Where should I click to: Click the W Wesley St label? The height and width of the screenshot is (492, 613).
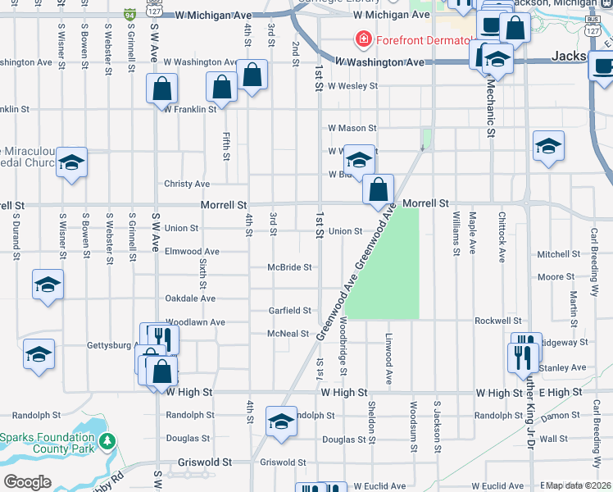pyautogui.click(x=352, y=85)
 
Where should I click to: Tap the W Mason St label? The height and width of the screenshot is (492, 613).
pyautogui.click(x=352, y=128)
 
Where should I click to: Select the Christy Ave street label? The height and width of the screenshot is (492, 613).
pyautogui.click(x=187, y=184)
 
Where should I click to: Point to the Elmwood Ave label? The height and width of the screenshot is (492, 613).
pyautogui.click(x=192, y=252)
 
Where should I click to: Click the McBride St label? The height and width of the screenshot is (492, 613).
pyautogui.click(x=290, y=267)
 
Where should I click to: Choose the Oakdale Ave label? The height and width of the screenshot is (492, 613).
pyautogui.click(x=190, y=299)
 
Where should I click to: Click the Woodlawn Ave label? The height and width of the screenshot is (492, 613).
pyautogui.click(x=195, y=323)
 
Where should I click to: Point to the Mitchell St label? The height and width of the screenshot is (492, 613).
pyautogui.click(x=559, y=254)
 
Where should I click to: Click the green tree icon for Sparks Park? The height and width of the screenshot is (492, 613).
pyautogui.click(x=107, y=442)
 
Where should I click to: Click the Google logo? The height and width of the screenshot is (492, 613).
pyautogui.click(x=27, y=482)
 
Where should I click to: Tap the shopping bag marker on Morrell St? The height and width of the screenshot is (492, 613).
pyautogui.click(x=378, y=189)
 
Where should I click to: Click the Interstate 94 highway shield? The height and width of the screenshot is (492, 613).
pyautogui.click(x=129, y=15)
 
